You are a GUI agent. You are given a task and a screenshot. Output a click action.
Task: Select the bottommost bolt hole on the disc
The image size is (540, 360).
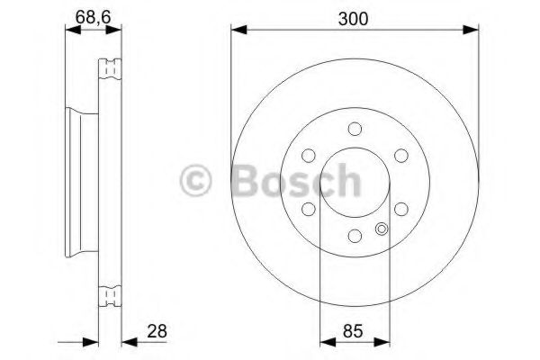[x=355, y=236]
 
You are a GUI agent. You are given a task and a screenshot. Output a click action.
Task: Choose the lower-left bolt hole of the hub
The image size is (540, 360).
[x=308, y=209]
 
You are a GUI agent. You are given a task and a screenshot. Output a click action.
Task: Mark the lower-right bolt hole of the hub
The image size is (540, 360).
[x=401, y=209]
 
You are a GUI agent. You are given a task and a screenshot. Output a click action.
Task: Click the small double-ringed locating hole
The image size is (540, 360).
[x=382, y=228]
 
